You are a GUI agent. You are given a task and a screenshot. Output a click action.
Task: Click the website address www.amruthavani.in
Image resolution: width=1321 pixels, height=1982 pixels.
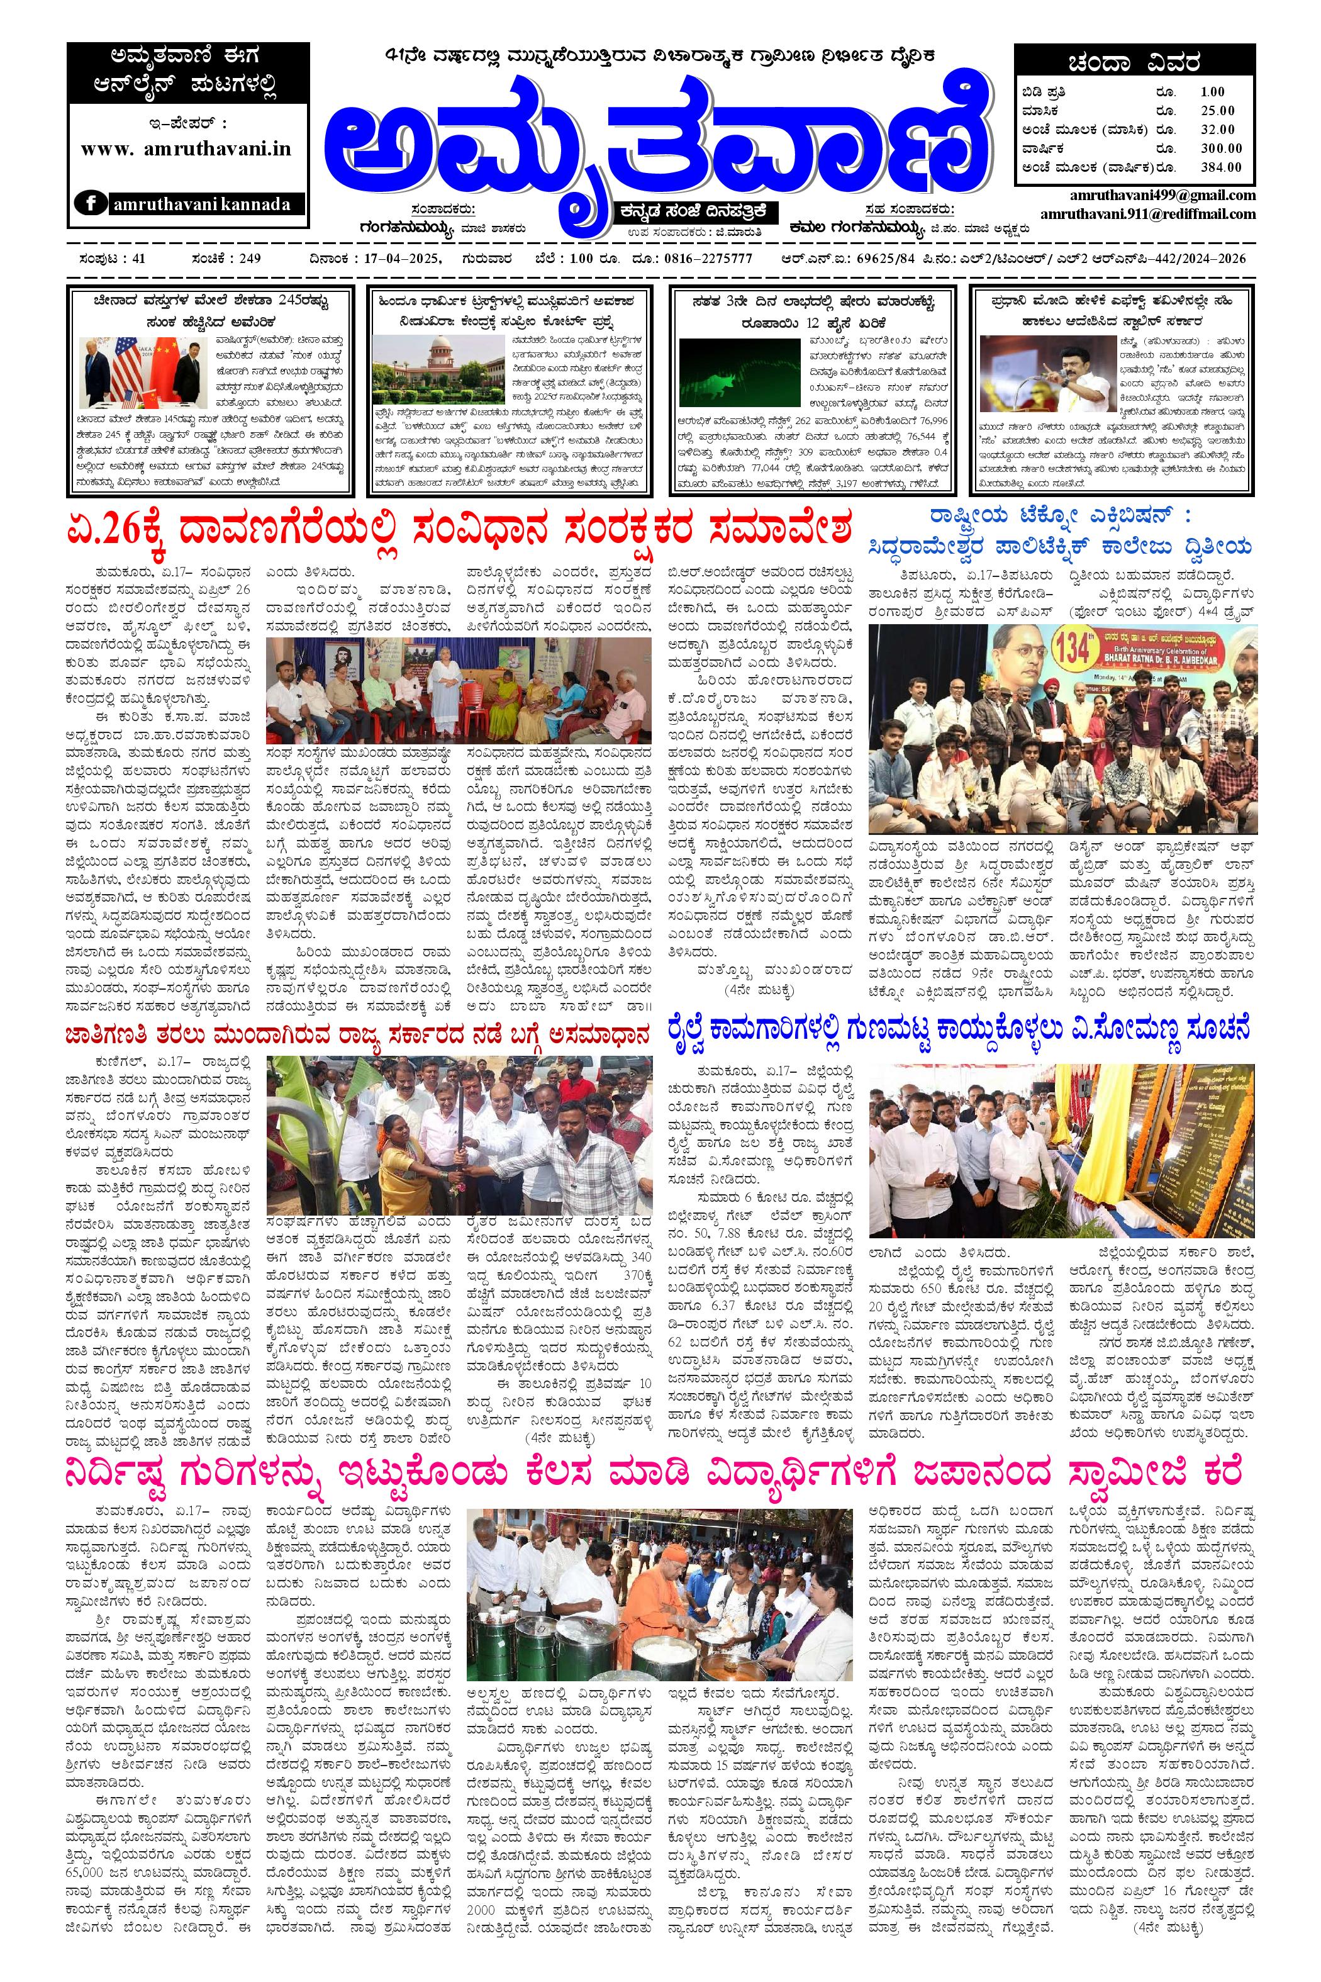186,148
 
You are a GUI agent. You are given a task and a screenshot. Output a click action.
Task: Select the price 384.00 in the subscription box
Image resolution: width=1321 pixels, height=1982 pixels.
1221,167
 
